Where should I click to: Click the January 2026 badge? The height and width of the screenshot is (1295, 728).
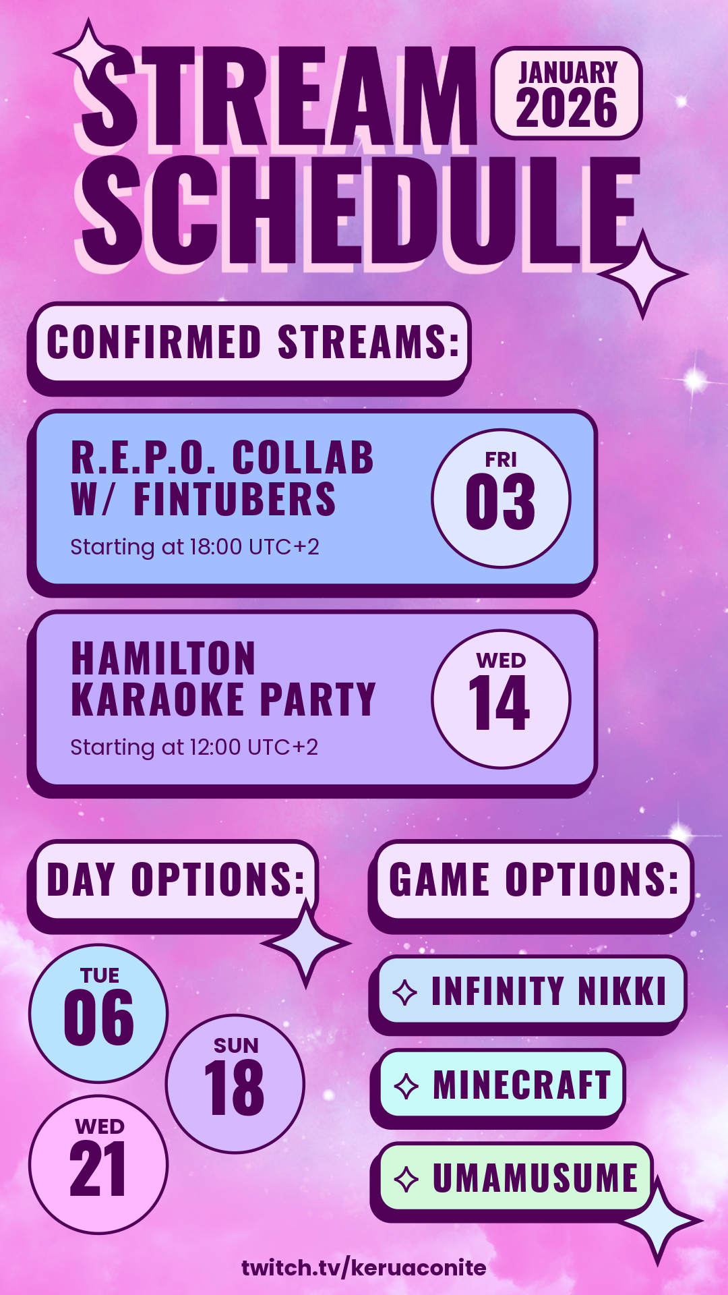tap(566, 93)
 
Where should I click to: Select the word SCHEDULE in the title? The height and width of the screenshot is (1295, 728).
tap(361, 210)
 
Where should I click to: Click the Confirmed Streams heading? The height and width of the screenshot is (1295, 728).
tap(253, 343)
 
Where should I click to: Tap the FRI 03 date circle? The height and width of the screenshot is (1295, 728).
tap(501, 498)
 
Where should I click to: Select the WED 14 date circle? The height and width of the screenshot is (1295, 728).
tap(501, 699)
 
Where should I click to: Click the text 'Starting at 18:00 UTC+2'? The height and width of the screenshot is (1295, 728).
tap(195, 547)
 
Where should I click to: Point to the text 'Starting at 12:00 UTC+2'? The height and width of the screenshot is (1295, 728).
tap(194, 747)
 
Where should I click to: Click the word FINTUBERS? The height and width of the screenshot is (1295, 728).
tap(235, 499)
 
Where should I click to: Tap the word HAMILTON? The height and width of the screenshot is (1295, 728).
tap(164, 658)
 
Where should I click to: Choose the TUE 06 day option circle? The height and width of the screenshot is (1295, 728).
tap(98, 1013)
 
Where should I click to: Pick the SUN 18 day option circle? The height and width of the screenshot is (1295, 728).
tap(235, 1083)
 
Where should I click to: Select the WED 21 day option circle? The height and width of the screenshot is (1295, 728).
tap(98, 1164)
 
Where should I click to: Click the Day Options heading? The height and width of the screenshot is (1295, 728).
tap(176, 880)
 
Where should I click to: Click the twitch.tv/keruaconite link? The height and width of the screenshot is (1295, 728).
tap(364, 1267)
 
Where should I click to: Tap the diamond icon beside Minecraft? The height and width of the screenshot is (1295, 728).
tap(406, 1086)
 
